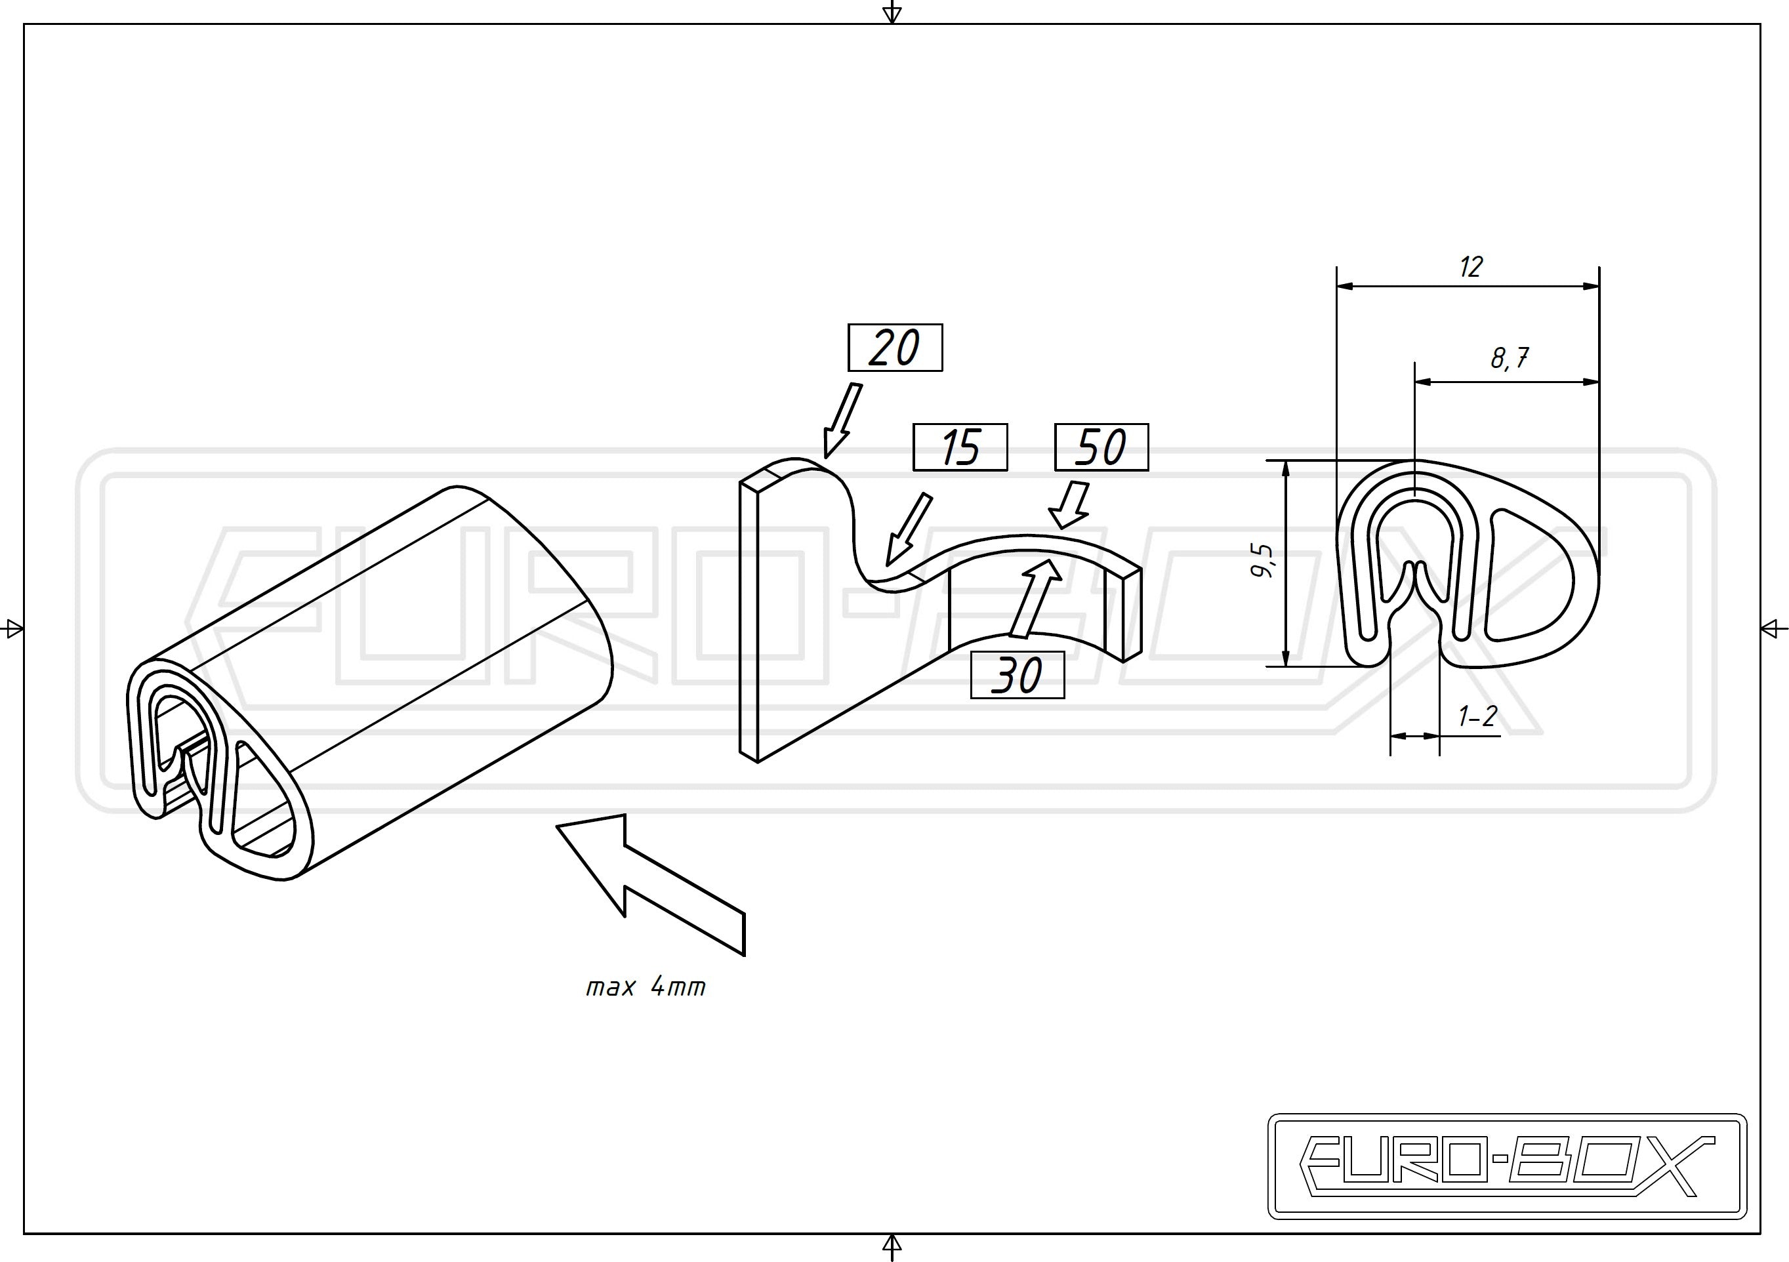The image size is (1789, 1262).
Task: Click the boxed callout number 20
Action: (x=895, y=348)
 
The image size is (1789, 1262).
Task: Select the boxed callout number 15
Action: (x=960, y=447)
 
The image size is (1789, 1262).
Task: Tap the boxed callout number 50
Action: (x=1101, y=447)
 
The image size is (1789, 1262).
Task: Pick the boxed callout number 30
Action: (x=1017, y=675)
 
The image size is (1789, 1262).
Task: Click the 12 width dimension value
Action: (x=1470, y=267)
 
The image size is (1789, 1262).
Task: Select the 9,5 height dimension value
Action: (x=1262, y=561)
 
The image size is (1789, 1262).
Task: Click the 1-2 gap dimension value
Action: (x=1477, y=716)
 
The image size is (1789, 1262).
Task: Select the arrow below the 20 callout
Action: (x=842, y=419)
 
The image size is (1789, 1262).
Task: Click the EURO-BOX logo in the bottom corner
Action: (x=1508, y=1166)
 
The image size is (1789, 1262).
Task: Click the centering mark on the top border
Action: (x=892, y=12)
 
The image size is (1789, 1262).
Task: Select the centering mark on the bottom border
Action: (x=892, y=1246)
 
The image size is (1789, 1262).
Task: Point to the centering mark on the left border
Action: (x=14, y=628)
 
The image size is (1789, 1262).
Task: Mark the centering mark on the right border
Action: (x=1773, y=628)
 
